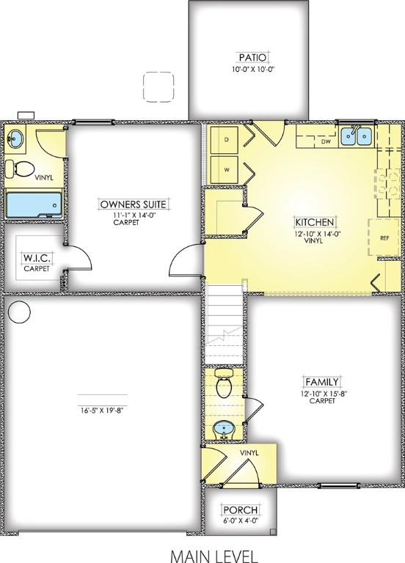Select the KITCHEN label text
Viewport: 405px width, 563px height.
pyautogui.click(x=315, y=221)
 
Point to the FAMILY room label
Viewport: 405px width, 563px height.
pyautogui.click(x=322, y=381)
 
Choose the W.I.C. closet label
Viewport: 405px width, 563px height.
pyautogui.click(x=36, y=258)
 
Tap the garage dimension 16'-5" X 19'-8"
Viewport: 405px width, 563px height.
pyautogui.click(x=103, y=410)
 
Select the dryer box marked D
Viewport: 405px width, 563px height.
pyautogui.click(x=227, y=139)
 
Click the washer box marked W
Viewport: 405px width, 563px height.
pyautogui.click(x=227, y=169)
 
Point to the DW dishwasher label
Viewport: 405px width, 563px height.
pyautogui.click(x=326, y=143)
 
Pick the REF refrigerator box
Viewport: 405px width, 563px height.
pyautogui.click(x=384, y=238)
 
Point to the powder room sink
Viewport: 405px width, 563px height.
pyautogui.click(x=222, y=428)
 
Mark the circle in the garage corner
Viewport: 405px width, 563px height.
pyautogui.click(x=19, y=313)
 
